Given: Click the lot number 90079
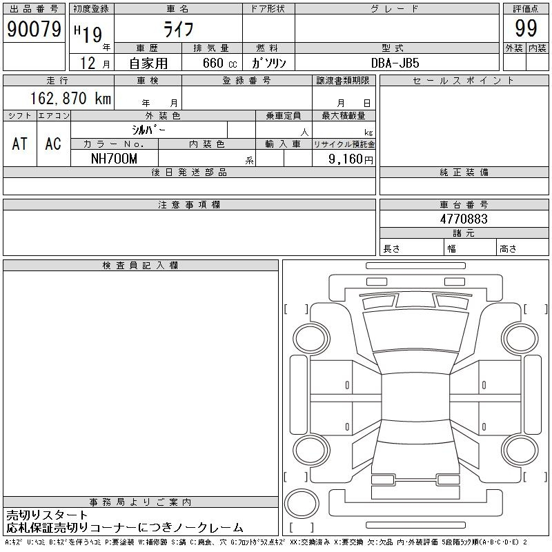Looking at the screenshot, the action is pos(34,29).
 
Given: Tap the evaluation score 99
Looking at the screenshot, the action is pos(526,28).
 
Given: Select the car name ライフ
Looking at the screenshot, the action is pos(179,29).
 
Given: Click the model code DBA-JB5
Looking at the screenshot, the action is pos(395,63).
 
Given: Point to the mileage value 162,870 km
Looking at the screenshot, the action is pos(71,98).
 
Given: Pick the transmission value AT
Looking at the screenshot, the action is pos(20,144).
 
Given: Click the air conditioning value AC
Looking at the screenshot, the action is pos(53,144).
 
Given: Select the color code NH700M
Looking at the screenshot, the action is pos(114,159).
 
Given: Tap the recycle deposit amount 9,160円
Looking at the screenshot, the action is pos(351,159).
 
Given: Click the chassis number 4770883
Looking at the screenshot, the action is pos(464,219).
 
